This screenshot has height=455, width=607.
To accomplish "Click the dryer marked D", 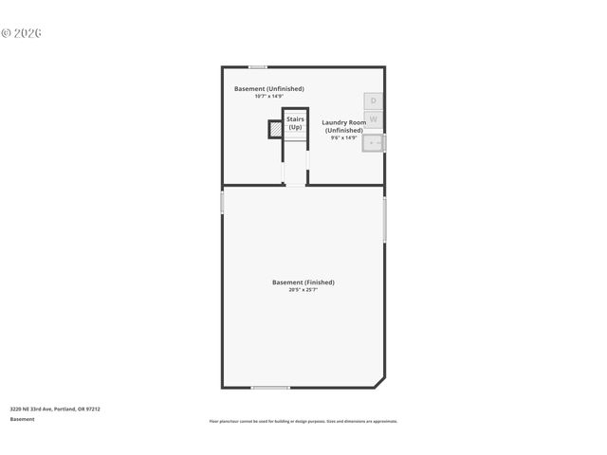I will click(374, 100).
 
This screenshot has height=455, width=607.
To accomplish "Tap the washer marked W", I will click(374, 119).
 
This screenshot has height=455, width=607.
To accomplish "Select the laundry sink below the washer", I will click(374, 143).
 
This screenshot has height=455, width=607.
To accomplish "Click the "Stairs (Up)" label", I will click(295, 123).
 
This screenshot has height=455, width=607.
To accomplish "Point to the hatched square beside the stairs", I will click(274, 129).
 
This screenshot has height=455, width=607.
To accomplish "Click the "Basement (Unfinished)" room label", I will click(269, 89).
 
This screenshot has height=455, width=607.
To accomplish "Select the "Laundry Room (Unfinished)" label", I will click(343, 126).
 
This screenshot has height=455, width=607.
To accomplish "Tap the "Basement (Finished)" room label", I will click(303, 282).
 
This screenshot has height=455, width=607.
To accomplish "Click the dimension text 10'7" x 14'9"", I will click(269, 97).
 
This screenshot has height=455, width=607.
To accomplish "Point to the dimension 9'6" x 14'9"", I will click(343, 137).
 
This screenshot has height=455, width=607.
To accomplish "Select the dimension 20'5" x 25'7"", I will click(303, 290).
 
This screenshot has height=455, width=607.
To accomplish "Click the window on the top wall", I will click(257, 66).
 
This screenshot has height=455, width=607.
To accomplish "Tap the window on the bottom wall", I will click(270, 387).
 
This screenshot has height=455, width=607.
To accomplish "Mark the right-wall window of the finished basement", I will click(384, 219).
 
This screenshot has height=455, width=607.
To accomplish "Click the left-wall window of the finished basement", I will click(222, 202).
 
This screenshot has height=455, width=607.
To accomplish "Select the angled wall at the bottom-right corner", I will click(378, 381).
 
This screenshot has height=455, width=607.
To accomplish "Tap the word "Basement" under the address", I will click(22, 419).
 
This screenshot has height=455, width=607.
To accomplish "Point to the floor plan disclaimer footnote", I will click(303, 422).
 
